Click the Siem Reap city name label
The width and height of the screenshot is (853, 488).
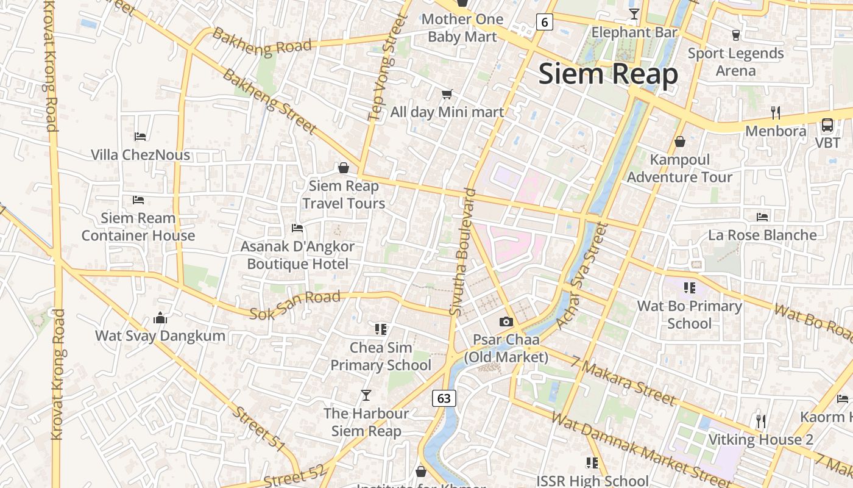[608, 74]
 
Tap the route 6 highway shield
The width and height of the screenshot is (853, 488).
[545, 23]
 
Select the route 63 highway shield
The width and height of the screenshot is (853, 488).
[444, 398]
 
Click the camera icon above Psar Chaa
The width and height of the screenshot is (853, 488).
[506, 322]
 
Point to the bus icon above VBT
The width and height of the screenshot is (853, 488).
[827, 125]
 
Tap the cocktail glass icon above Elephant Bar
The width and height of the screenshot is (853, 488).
[634, 14]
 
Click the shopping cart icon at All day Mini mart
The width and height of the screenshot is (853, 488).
[447, 94]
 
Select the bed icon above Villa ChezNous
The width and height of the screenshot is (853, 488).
[140, 137]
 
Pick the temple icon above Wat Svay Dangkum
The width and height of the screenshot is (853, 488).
[160, 318]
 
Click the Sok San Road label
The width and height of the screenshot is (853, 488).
[295, 304]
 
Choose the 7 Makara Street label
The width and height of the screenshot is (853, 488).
[624, 382]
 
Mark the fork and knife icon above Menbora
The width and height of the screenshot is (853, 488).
[776, 113]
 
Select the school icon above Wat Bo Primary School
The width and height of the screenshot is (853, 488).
[689, 288]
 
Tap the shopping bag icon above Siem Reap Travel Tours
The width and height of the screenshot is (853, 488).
[344, 168]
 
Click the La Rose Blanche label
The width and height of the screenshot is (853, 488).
[762, 235]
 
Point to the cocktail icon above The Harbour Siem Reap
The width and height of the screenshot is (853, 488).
[366, 395]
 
